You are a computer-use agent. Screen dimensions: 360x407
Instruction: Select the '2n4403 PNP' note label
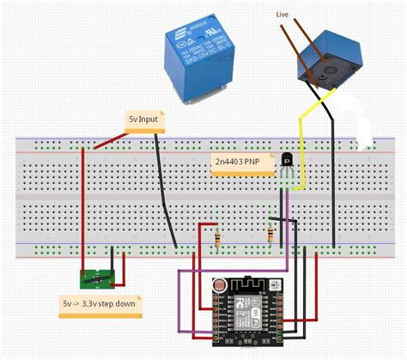[241, 161]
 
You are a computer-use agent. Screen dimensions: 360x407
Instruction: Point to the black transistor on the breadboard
[289, 161]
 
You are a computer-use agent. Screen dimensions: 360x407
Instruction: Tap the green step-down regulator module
[96, 278]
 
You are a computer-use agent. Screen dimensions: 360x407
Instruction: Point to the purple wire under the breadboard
[179, 301]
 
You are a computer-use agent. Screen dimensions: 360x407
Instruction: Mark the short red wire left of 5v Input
[106, 139]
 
